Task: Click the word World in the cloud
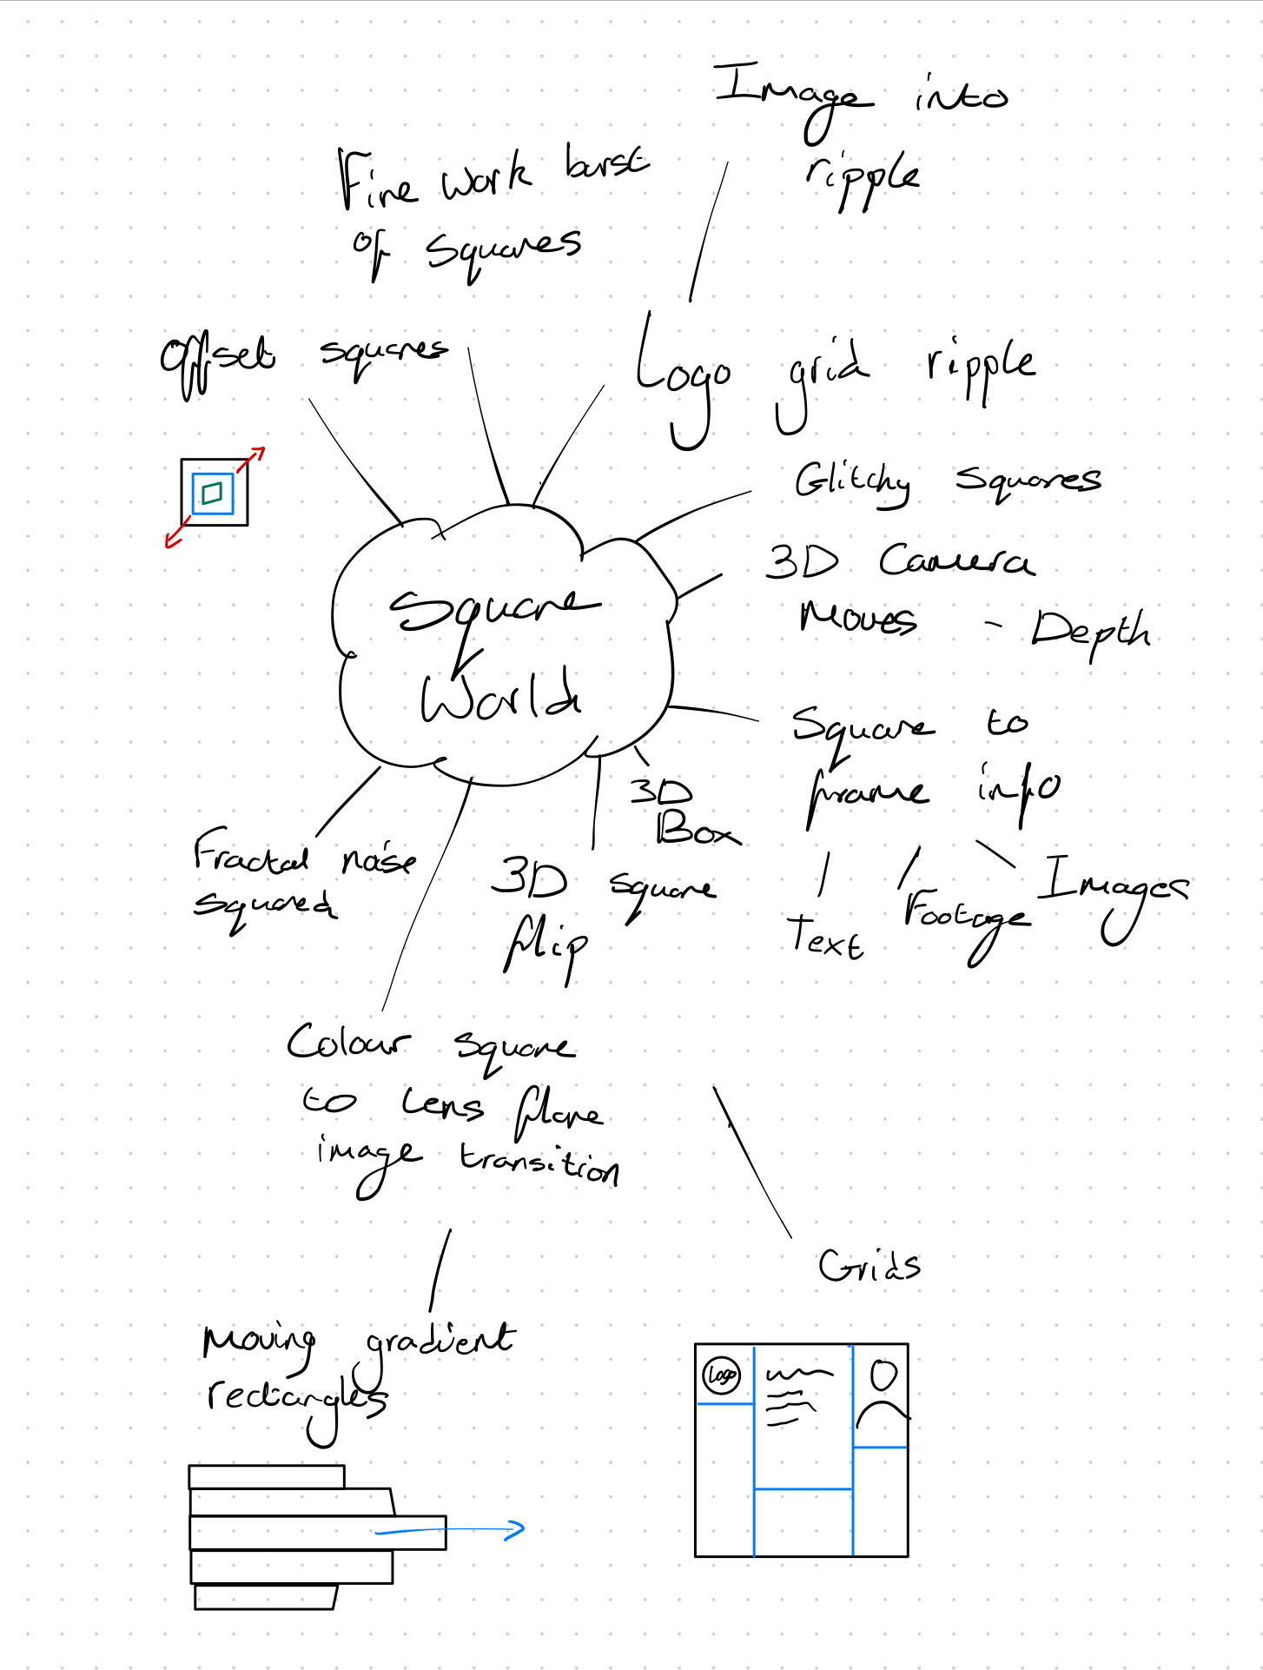501,696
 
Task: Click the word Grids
869,1266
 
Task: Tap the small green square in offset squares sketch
212,494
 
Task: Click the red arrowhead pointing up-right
258,453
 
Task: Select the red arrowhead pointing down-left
172,541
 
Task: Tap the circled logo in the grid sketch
721,1375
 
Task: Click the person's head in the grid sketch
883,1375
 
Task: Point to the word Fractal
250,853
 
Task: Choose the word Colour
347,1042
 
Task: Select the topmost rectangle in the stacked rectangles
267,1476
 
